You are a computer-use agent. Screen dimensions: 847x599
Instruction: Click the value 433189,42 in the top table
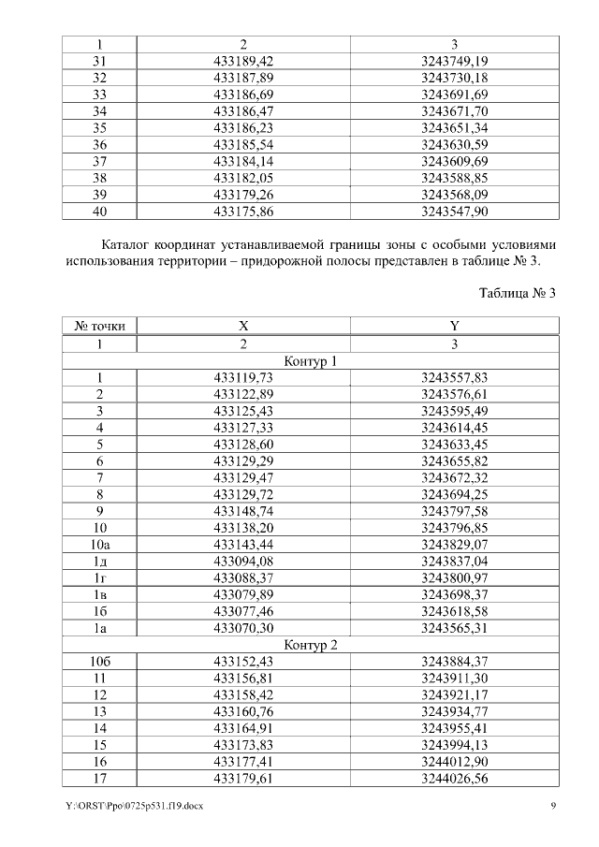point(242,61)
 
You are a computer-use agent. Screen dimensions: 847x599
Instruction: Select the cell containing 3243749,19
point(454,61)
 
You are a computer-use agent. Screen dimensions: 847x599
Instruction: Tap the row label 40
point(100,212)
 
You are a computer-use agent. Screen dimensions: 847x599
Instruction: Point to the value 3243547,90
point(454,212)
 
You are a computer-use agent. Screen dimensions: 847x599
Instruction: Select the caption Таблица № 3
point(517,293)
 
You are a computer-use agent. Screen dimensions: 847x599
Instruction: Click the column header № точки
point(100,326)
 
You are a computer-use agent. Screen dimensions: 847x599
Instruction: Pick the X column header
point(242,326)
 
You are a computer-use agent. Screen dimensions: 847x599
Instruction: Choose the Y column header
point(454,326)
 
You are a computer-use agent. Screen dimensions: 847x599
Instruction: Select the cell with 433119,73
point(242,378)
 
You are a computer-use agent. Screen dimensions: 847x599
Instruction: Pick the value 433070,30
point(242,627)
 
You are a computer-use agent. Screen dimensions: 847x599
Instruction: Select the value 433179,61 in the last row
point(242,779)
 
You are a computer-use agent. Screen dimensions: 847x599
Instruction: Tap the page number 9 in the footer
point(553,807)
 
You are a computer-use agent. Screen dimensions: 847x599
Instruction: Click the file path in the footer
point(129,807)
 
